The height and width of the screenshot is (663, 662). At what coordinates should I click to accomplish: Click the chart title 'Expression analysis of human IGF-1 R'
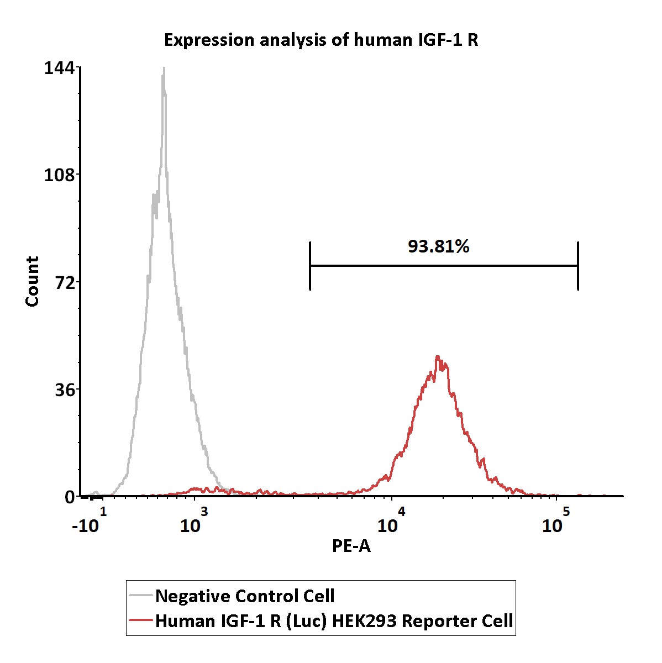coord(321,40)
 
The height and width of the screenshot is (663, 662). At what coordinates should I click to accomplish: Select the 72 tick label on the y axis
coord(65,282)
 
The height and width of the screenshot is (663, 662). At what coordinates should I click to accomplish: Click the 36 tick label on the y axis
coord(65,390)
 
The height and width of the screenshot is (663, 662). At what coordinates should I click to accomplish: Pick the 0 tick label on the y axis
coord(70,497)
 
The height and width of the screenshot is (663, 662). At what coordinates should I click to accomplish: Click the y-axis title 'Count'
coord(32,281)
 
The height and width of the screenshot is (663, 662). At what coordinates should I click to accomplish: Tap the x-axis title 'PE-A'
coord(351,546)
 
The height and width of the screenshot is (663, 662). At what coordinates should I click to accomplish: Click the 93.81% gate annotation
coord(438,247)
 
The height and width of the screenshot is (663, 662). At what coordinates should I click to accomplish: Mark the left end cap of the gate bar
coord(311,266)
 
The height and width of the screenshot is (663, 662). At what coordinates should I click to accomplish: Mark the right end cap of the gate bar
coord(577,266)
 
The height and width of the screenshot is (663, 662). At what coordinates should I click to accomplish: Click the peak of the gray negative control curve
coord(164,70)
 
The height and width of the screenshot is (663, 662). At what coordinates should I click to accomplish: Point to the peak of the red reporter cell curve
coord(437,357)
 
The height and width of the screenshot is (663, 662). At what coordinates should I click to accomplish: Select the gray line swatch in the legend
coord(141,596)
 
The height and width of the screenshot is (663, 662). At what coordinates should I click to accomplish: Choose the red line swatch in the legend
coord(141,620)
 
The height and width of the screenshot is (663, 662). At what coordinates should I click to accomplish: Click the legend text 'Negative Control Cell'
coord(245,596)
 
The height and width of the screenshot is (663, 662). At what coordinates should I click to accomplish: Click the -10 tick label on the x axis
coord(86,525)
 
